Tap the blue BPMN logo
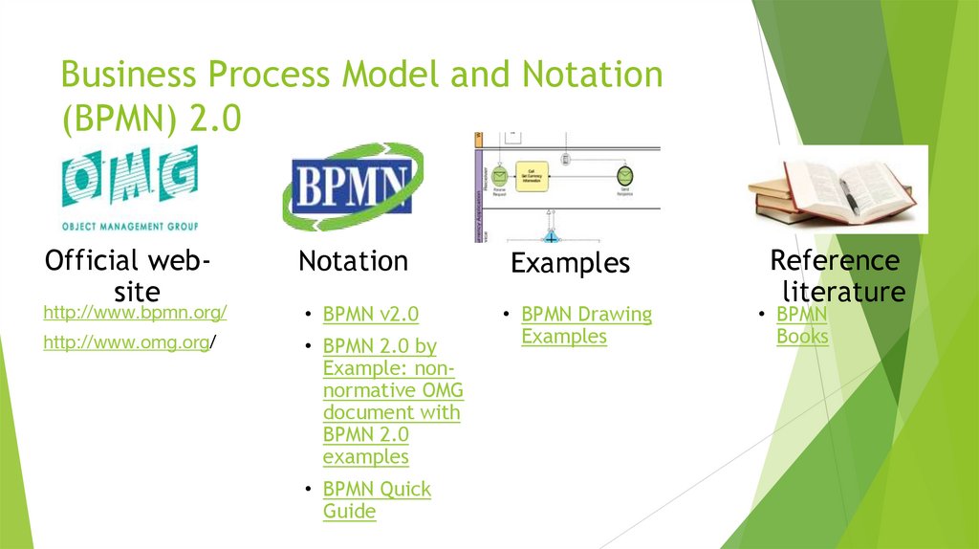tap(353, 186)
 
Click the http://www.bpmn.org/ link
tap(135, 313)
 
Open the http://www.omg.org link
tap(126, 342)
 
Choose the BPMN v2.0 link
tap(370, 315)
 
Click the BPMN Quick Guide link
tap(377, 500)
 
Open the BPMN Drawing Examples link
tap(586, 325)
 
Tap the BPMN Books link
tap(802, 325)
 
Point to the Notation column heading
tap(353, 261)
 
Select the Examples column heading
tap(570, 264)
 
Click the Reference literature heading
tap(836, 275)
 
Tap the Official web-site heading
tap(129, 274)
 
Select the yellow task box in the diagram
tap(532, 175)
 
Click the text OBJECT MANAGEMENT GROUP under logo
tap(129, 227)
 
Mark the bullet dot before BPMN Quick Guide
tap(308, 490)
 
